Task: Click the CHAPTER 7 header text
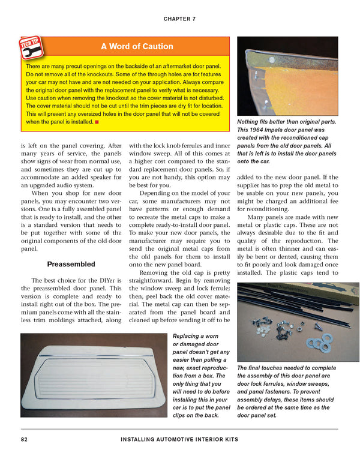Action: pyautogui.click(x=179, y=19)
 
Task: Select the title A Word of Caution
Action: pyautogui.click(x=137, y=47)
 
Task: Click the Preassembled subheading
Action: pyautogui.click(x=71, y=263)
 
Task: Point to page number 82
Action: pyautogui.click(x=23, y=440)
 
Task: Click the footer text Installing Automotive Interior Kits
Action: pyautogui.click(x=179, y=440)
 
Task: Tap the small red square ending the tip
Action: pyautogui.click(x=97, y=122)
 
